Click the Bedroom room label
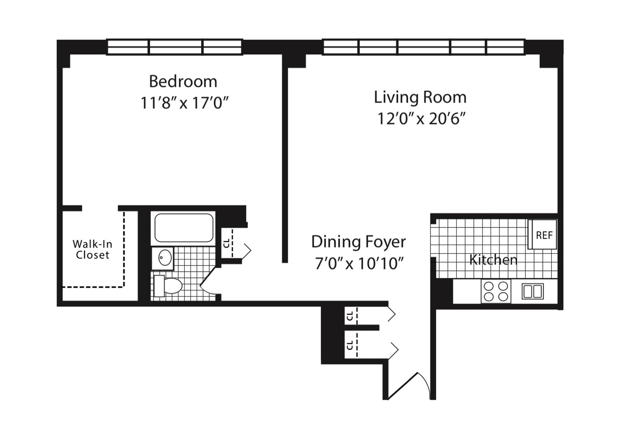coord(183,81)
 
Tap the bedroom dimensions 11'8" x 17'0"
coord(184,103)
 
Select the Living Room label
coord(420,97)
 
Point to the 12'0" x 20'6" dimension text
coord(420,119)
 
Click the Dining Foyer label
coord(358,242)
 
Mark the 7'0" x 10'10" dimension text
coord(358,263)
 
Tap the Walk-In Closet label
coord(93,249)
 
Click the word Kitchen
coord(493,259)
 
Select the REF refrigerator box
coord(542,234)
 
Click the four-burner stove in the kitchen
coord(496,291)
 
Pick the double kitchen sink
coord(533,291)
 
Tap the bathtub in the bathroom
coord(184,228)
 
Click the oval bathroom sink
coord(165,258)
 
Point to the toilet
coord(168,286)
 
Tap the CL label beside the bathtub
coord(226,244)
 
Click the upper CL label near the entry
coord(350,316)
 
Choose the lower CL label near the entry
coord(350,345)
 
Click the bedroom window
coord(174,47)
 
